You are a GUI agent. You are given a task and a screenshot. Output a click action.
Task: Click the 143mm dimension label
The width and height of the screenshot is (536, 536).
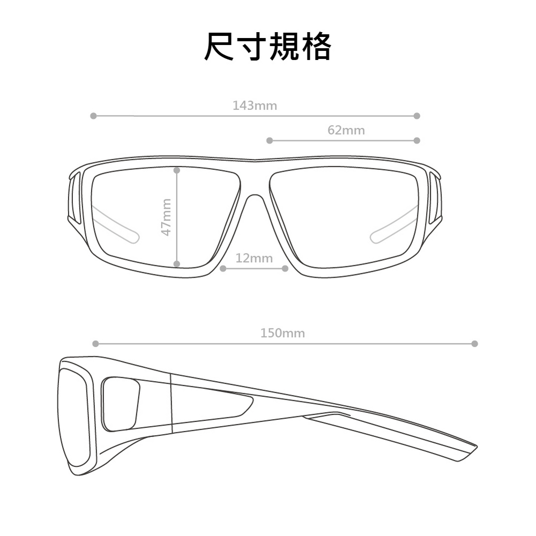coord(255,106)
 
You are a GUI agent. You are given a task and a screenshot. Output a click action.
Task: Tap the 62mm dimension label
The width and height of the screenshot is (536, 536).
coord(346,130)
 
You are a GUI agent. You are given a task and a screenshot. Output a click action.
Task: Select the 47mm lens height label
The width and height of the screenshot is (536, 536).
coord(166,217)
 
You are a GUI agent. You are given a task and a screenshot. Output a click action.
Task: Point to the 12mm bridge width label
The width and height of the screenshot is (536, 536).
coord(254,258)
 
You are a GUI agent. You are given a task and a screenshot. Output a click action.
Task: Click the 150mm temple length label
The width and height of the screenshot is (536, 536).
coord(282,333)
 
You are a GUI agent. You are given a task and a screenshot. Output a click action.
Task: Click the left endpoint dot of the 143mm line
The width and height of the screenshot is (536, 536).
coord(93,116)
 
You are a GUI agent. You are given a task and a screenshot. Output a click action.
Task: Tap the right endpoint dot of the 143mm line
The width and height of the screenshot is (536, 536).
coord(416,116)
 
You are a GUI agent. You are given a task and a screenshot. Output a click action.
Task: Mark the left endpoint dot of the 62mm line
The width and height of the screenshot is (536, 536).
coord(270,140)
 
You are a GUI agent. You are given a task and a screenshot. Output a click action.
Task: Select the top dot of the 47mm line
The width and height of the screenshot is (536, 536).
coord(177,170)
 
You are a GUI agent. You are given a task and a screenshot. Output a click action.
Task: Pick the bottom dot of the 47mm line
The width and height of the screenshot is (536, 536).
coord(177,264)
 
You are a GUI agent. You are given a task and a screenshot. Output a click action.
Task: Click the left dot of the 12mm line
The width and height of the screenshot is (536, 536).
coord(223,269)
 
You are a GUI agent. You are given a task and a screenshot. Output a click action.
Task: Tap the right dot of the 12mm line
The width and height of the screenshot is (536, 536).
coord(285,269)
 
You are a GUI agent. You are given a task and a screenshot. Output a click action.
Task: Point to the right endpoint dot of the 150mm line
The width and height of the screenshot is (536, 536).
coord(474,344)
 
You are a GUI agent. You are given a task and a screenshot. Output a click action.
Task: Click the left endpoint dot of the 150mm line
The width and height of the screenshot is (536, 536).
coord(96,344)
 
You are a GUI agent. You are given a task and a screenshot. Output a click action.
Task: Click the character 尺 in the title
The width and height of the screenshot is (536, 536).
coord(219,47)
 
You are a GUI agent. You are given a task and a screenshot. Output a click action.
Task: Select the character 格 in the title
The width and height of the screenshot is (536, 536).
coord(316,47)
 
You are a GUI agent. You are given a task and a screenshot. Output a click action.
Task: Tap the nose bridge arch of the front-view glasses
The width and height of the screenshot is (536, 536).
coord(255,196)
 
